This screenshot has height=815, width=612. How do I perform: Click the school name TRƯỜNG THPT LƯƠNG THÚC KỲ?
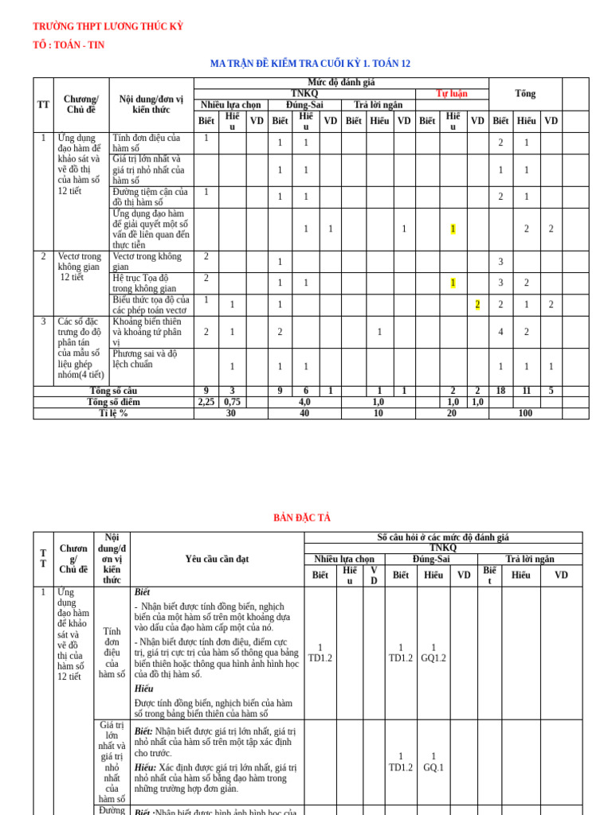(x=108, y=26)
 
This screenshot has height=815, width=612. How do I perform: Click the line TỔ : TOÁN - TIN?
(x=69, y=45)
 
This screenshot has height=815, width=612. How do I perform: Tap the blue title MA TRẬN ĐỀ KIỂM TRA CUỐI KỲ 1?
(x=310, y=64)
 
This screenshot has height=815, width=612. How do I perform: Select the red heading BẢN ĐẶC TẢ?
(x=302, y=518)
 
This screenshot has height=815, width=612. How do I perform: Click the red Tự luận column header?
(x=452, y=94)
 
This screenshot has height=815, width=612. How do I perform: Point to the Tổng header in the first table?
(x=525, y=94)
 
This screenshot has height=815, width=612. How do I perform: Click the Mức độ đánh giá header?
(x=341, y=83)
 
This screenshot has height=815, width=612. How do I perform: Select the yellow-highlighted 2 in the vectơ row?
(x=477, y=305)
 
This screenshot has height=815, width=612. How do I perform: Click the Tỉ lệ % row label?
(x=113, y=414)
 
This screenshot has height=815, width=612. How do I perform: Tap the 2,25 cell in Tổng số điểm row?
(x=206, y=403)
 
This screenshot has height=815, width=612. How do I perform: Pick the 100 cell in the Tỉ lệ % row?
(x=525, y=414)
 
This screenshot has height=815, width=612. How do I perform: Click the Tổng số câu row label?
(x=113, y=392)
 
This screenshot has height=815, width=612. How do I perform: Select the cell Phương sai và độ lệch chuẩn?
(x=145, y=359)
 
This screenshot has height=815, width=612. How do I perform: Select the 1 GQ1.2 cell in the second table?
(x=433, y=653)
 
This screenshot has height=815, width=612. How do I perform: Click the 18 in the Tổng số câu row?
(x=500, y=392)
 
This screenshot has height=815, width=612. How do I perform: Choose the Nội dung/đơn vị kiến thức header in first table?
(x=151, y=104)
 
